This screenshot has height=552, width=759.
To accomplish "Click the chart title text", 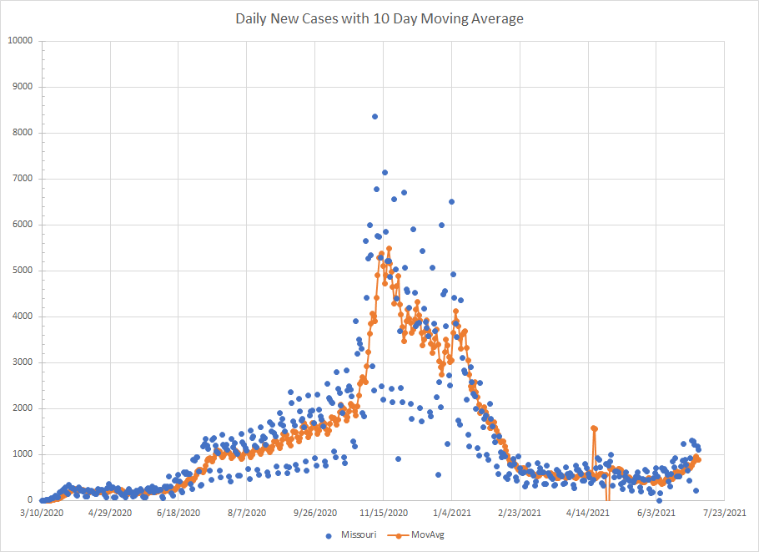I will (x=379, y=18).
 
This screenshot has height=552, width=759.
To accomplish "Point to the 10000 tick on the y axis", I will (x=20, y=41).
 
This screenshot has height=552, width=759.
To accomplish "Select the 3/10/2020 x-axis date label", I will (x=42, y=512).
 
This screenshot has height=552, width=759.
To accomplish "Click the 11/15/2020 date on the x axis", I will (x=383, y=512).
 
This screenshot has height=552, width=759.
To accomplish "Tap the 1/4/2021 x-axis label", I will (x=451, y=512).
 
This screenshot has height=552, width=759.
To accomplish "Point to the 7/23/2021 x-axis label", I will (x=724, y=512).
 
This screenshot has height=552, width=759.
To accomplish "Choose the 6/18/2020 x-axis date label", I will (x=178, y=512).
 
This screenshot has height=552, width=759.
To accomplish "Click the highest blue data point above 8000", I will (x=374, y=117).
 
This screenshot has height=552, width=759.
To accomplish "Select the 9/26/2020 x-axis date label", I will (x=314, y=512).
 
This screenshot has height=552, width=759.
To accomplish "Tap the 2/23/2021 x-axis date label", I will (x=520, y=512).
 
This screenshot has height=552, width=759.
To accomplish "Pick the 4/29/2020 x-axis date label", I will (x=110, y=512).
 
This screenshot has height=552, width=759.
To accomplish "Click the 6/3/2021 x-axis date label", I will (x=656, y=512).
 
